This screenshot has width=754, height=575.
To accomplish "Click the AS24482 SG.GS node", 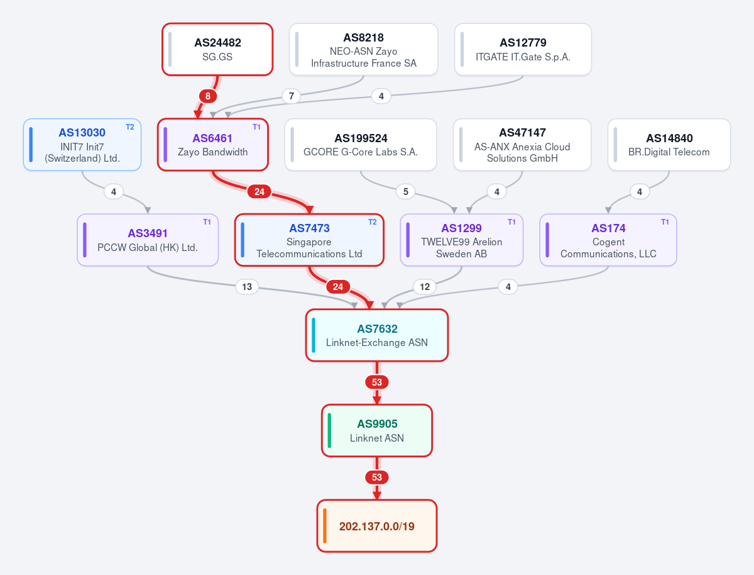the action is (217, 49).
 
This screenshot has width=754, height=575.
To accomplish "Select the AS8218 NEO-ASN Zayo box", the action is (363, 49).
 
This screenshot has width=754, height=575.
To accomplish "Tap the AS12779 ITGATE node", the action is (523, 49).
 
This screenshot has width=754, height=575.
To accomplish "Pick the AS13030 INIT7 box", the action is (82, 145).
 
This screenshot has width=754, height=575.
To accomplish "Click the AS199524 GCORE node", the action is (361, 145).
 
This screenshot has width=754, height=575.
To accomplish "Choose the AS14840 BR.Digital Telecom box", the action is (669, 145).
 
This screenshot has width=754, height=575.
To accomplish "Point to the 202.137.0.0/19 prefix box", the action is (377, 526).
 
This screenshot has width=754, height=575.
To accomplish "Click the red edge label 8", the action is (208, 96).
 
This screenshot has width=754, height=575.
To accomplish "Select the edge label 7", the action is (292, 96).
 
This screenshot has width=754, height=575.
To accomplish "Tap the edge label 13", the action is (247, 287).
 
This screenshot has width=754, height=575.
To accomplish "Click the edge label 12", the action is (425, 287).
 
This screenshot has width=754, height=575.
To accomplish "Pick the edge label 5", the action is (406, 191).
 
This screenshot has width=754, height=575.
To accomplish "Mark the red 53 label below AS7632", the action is (377, 382).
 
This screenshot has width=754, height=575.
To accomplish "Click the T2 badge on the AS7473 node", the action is (373, 222).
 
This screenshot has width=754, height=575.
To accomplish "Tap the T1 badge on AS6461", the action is (256, 127).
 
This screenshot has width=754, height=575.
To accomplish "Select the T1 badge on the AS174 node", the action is (665, 222).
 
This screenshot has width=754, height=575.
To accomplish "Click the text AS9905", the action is (377, 423).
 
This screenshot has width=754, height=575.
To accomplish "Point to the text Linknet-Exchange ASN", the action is (377, 342).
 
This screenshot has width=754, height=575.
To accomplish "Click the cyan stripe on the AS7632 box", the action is (314, 335).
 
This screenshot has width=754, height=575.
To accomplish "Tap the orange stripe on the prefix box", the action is (325, 526).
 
